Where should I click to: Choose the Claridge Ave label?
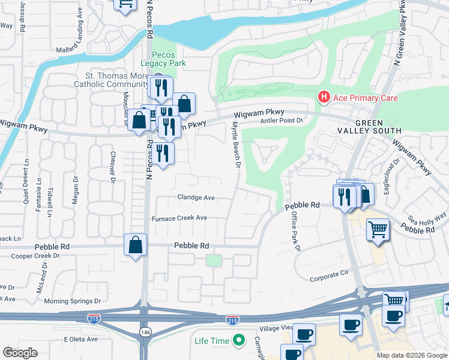tap(196, 197)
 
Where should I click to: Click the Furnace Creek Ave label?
tap(179, 218)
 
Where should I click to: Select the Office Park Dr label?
tap(295, 230)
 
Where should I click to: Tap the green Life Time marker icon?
tap(239, 341)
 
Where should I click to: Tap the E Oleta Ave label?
tap(80, 339)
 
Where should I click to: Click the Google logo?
tap(20, 353)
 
